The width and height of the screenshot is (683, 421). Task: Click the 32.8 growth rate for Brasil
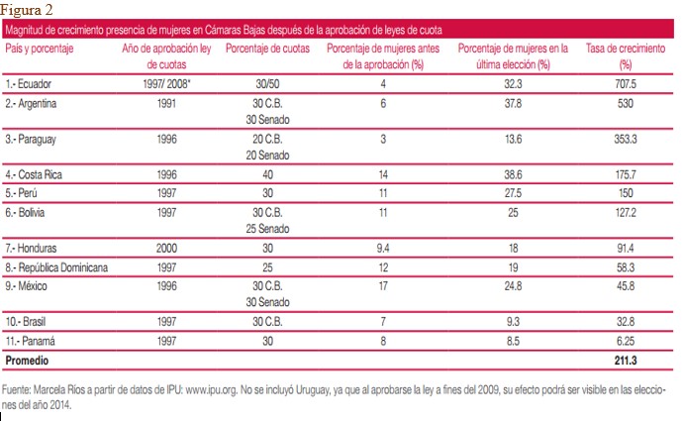[625, 321]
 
